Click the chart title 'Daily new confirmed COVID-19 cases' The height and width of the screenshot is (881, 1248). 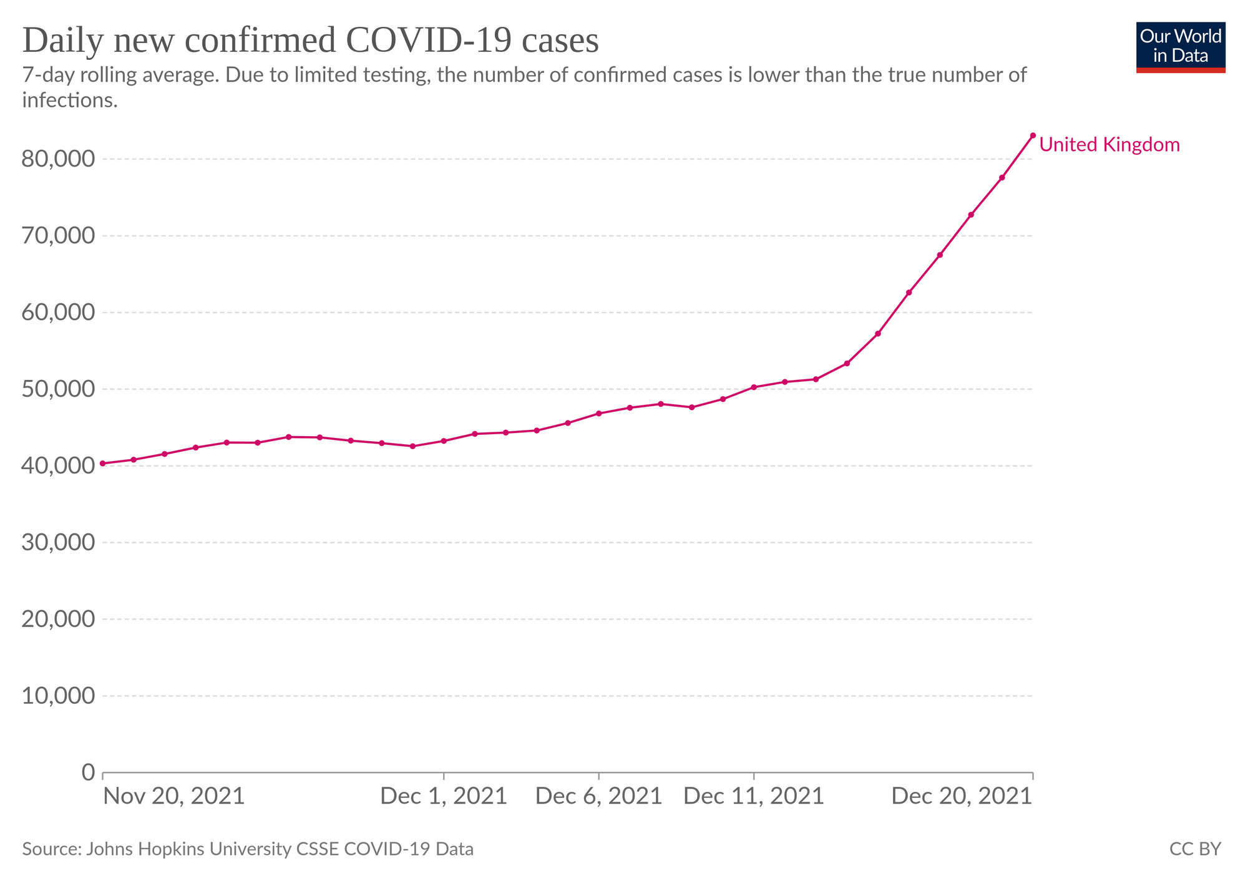[310, 41]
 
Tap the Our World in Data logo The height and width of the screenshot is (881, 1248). [1181, 47]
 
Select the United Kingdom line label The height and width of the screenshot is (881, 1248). [1109, 145]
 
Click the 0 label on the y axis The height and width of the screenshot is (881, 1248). [88, 772]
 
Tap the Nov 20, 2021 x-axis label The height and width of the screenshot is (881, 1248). [173, 797]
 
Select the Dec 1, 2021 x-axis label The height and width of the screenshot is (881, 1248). [444, 797]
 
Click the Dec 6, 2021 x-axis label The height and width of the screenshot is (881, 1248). [599, 797]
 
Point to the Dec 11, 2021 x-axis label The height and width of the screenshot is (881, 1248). [754, 797]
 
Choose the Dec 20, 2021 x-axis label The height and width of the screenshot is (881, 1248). [962, 797]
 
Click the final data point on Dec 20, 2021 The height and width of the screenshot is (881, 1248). [1033, 135]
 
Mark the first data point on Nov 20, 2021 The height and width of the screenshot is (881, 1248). [103, 464]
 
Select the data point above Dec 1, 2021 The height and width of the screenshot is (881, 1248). [444, 441]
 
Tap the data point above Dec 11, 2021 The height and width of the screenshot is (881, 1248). [754, 387]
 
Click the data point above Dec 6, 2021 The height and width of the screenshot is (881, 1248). [599, 414]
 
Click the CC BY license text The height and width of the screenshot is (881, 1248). [1195, 849]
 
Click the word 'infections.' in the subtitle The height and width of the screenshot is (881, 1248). [70, 100]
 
